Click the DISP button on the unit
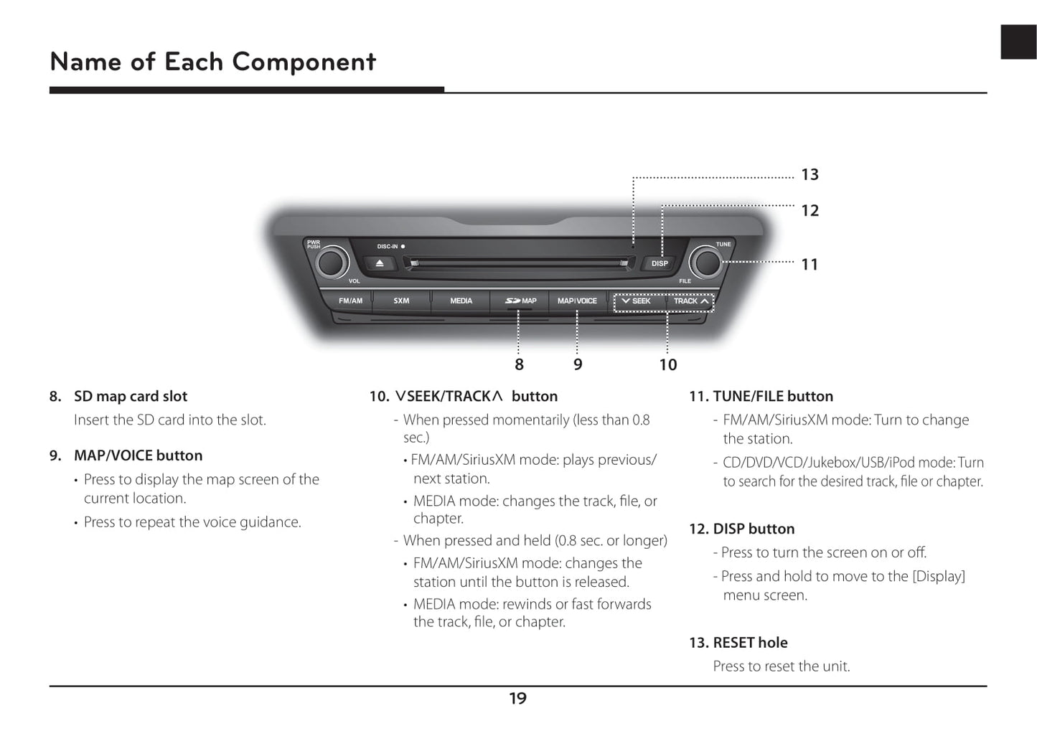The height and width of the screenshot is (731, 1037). click(660, 263)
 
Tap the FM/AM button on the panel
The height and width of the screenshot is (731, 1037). click(350, 301)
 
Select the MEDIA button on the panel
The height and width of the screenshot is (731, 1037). click(461, 301)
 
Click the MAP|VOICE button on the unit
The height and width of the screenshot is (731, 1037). click(577, 301)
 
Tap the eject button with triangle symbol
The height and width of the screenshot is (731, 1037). click(380, 263)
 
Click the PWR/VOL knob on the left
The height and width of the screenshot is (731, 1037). click(332, 263)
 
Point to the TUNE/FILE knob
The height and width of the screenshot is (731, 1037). click(705, 263)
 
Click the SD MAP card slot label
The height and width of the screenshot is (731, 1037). click(520, 301)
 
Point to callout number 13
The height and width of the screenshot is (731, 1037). click(810, 174)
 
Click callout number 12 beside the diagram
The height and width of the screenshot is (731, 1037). click(810, 210)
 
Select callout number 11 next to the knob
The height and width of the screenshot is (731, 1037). click(810, 264)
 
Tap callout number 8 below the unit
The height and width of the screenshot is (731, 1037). click(519, 364)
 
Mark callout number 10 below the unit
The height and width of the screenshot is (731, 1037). click(668, 364)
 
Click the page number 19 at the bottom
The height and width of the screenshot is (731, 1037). click(517, 698)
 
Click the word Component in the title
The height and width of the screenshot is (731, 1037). click(304, 62)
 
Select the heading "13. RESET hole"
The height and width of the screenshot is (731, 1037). click(738, 642)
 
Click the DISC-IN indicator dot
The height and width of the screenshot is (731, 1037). click(403, 246)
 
